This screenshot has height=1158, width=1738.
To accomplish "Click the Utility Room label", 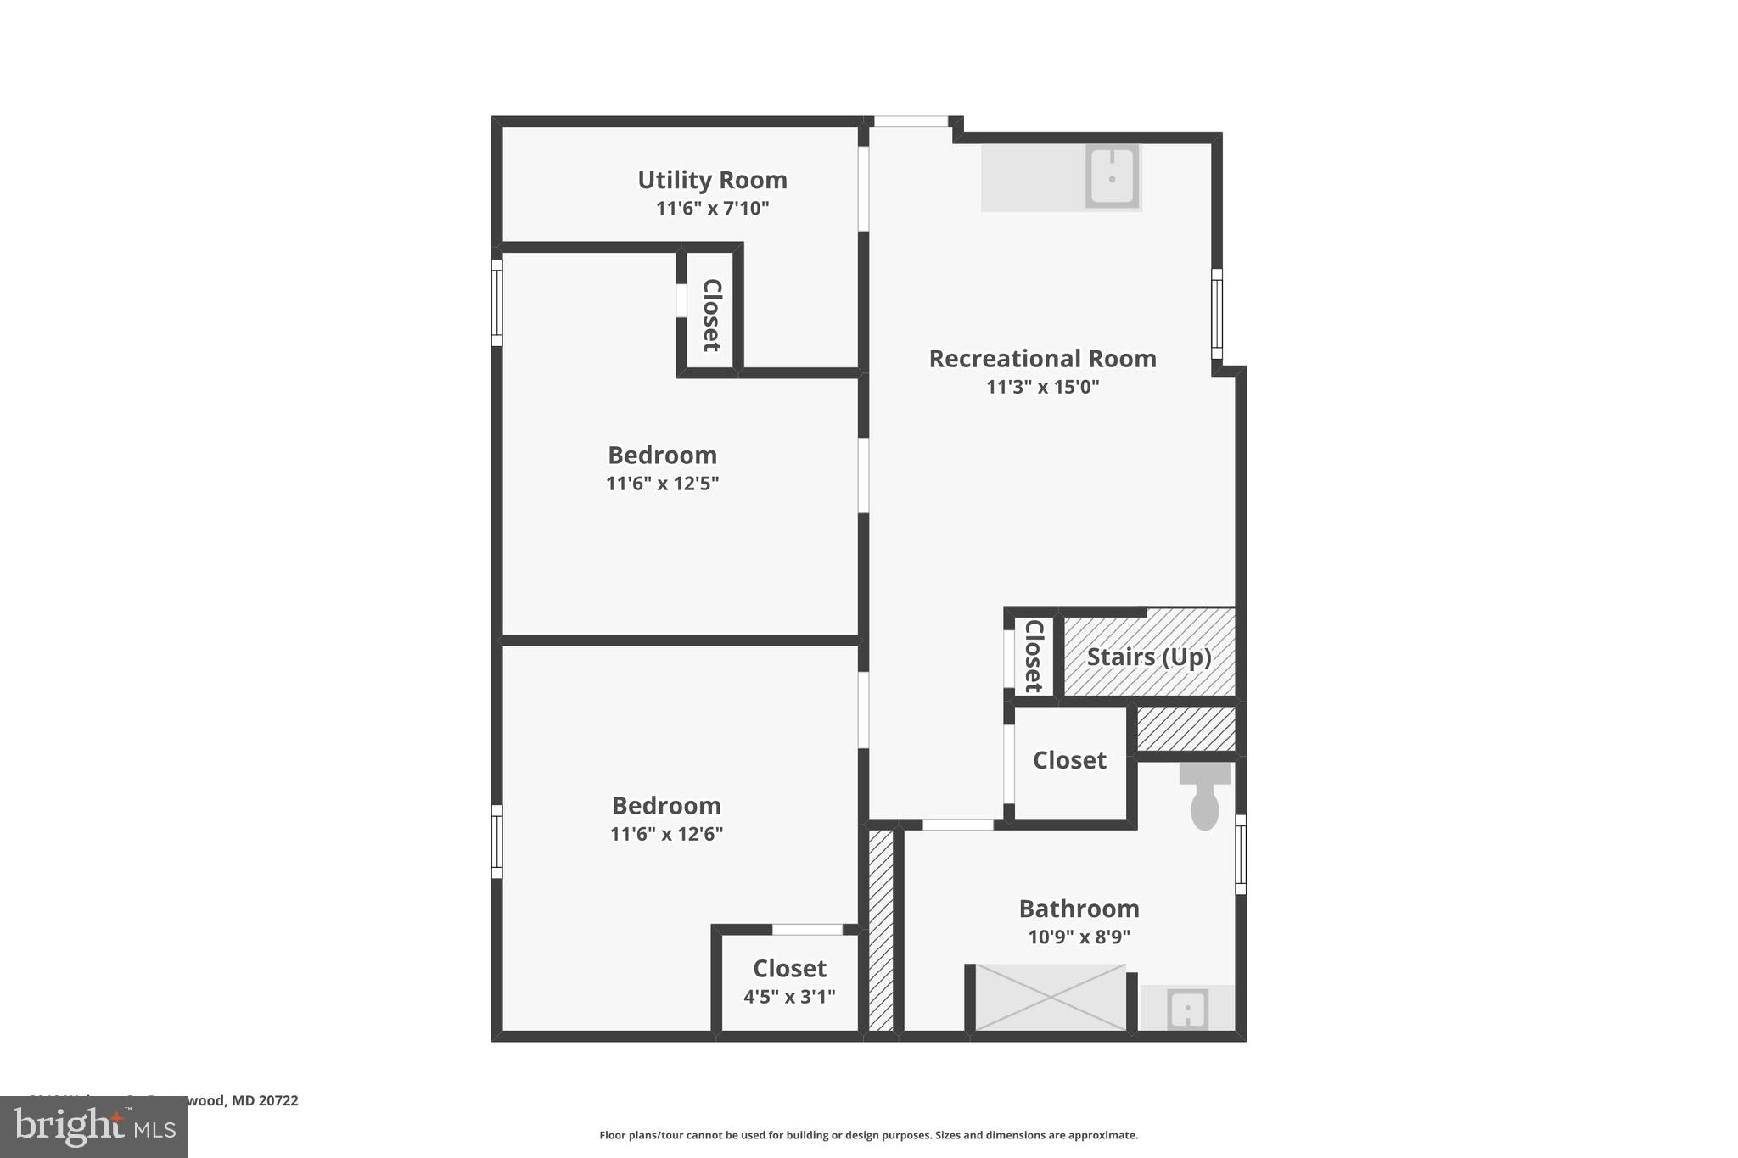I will [712, 180].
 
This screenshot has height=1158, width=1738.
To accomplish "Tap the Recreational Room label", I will [1042, 359].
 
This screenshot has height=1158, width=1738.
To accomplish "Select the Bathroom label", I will [1079, 909].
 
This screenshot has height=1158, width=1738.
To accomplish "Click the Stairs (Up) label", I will [1149, 657].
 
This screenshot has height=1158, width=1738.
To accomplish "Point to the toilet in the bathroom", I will [1204, 797].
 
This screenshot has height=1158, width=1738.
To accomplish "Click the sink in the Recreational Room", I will [1112, 176].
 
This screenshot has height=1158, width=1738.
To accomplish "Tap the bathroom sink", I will [1187, 1009].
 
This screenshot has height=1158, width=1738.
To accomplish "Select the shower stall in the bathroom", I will [1050, 998].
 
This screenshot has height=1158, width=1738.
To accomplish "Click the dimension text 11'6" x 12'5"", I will [662, 484].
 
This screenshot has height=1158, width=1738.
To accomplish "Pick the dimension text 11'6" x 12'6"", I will [666, 834].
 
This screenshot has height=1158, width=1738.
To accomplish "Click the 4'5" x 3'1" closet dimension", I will [789, 997].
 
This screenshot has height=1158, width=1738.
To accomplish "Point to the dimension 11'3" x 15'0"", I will [1042, 387].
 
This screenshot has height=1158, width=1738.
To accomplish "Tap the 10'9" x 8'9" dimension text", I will [1079, 937].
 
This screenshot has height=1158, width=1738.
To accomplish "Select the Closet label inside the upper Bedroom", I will [711, 315].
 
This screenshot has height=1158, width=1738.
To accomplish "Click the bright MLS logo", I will [94, 1127].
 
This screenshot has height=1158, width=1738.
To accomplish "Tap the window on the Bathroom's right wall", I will [1240, 853].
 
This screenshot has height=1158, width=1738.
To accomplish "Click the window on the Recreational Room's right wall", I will [1216, 314].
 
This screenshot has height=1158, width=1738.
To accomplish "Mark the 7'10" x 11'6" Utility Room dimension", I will [712, 208].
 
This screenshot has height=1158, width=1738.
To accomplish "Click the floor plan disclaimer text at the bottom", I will [868, 1135].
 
